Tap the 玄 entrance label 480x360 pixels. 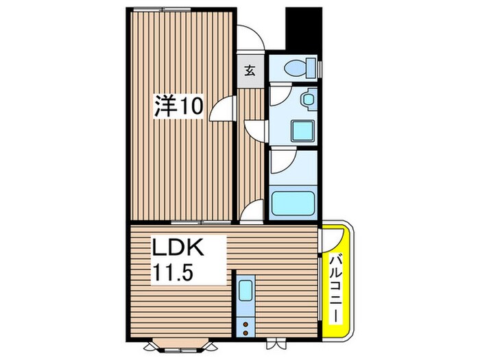250,69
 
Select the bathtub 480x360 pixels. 293,203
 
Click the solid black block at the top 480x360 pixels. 303,27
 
